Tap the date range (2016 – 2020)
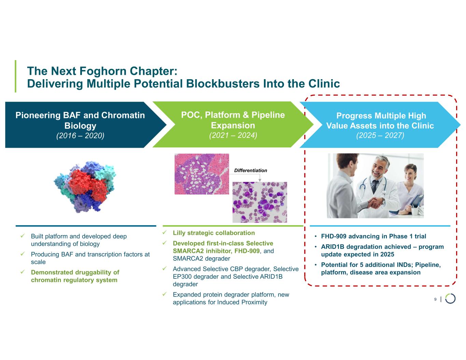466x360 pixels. [80, 135]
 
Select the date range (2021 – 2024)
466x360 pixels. [233, 135]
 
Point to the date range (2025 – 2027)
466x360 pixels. [380, 135]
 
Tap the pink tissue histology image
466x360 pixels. [201, 174]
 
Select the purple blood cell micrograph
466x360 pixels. [259, 202]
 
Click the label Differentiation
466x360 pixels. [251, 170]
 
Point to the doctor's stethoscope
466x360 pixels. [364, 186]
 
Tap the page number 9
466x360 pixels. [435, 299]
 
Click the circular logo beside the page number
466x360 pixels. [450, 299]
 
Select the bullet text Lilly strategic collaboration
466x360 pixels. [214, 233]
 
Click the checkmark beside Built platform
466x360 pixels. [23, 236]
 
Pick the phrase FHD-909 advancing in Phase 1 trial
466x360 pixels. [373, 236]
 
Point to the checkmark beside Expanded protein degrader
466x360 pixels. [165, 294]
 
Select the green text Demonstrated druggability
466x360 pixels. [75, 272]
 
